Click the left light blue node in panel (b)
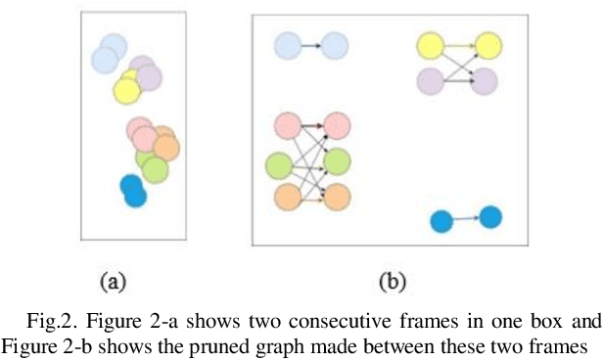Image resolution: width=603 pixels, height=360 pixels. click(x=288, y=45)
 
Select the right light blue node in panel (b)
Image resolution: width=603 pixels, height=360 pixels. click(x=335, y=45)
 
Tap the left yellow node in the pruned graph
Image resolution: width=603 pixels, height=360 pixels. click(x=431, y=45)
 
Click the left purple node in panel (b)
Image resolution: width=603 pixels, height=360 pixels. click(x=431, y=81)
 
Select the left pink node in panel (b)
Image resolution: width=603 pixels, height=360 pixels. click(x=288, y=125)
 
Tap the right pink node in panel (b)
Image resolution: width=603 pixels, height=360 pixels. click(x=337, y=125)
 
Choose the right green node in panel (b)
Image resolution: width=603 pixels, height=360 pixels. click(x=337, y=161)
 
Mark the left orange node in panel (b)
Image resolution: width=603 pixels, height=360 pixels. click(x=288, y=196)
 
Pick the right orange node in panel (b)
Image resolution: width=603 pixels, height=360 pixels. click(x=337, y=196)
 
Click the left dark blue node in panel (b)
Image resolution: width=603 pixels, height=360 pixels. click(x=442, y=222)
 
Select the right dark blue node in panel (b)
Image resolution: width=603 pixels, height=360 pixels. click(x=490, y=216)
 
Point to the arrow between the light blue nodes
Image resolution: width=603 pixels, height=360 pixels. click(x=311, y=45)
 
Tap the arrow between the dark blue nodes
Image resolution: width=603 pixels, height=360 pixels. click(x=467, y=219)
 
